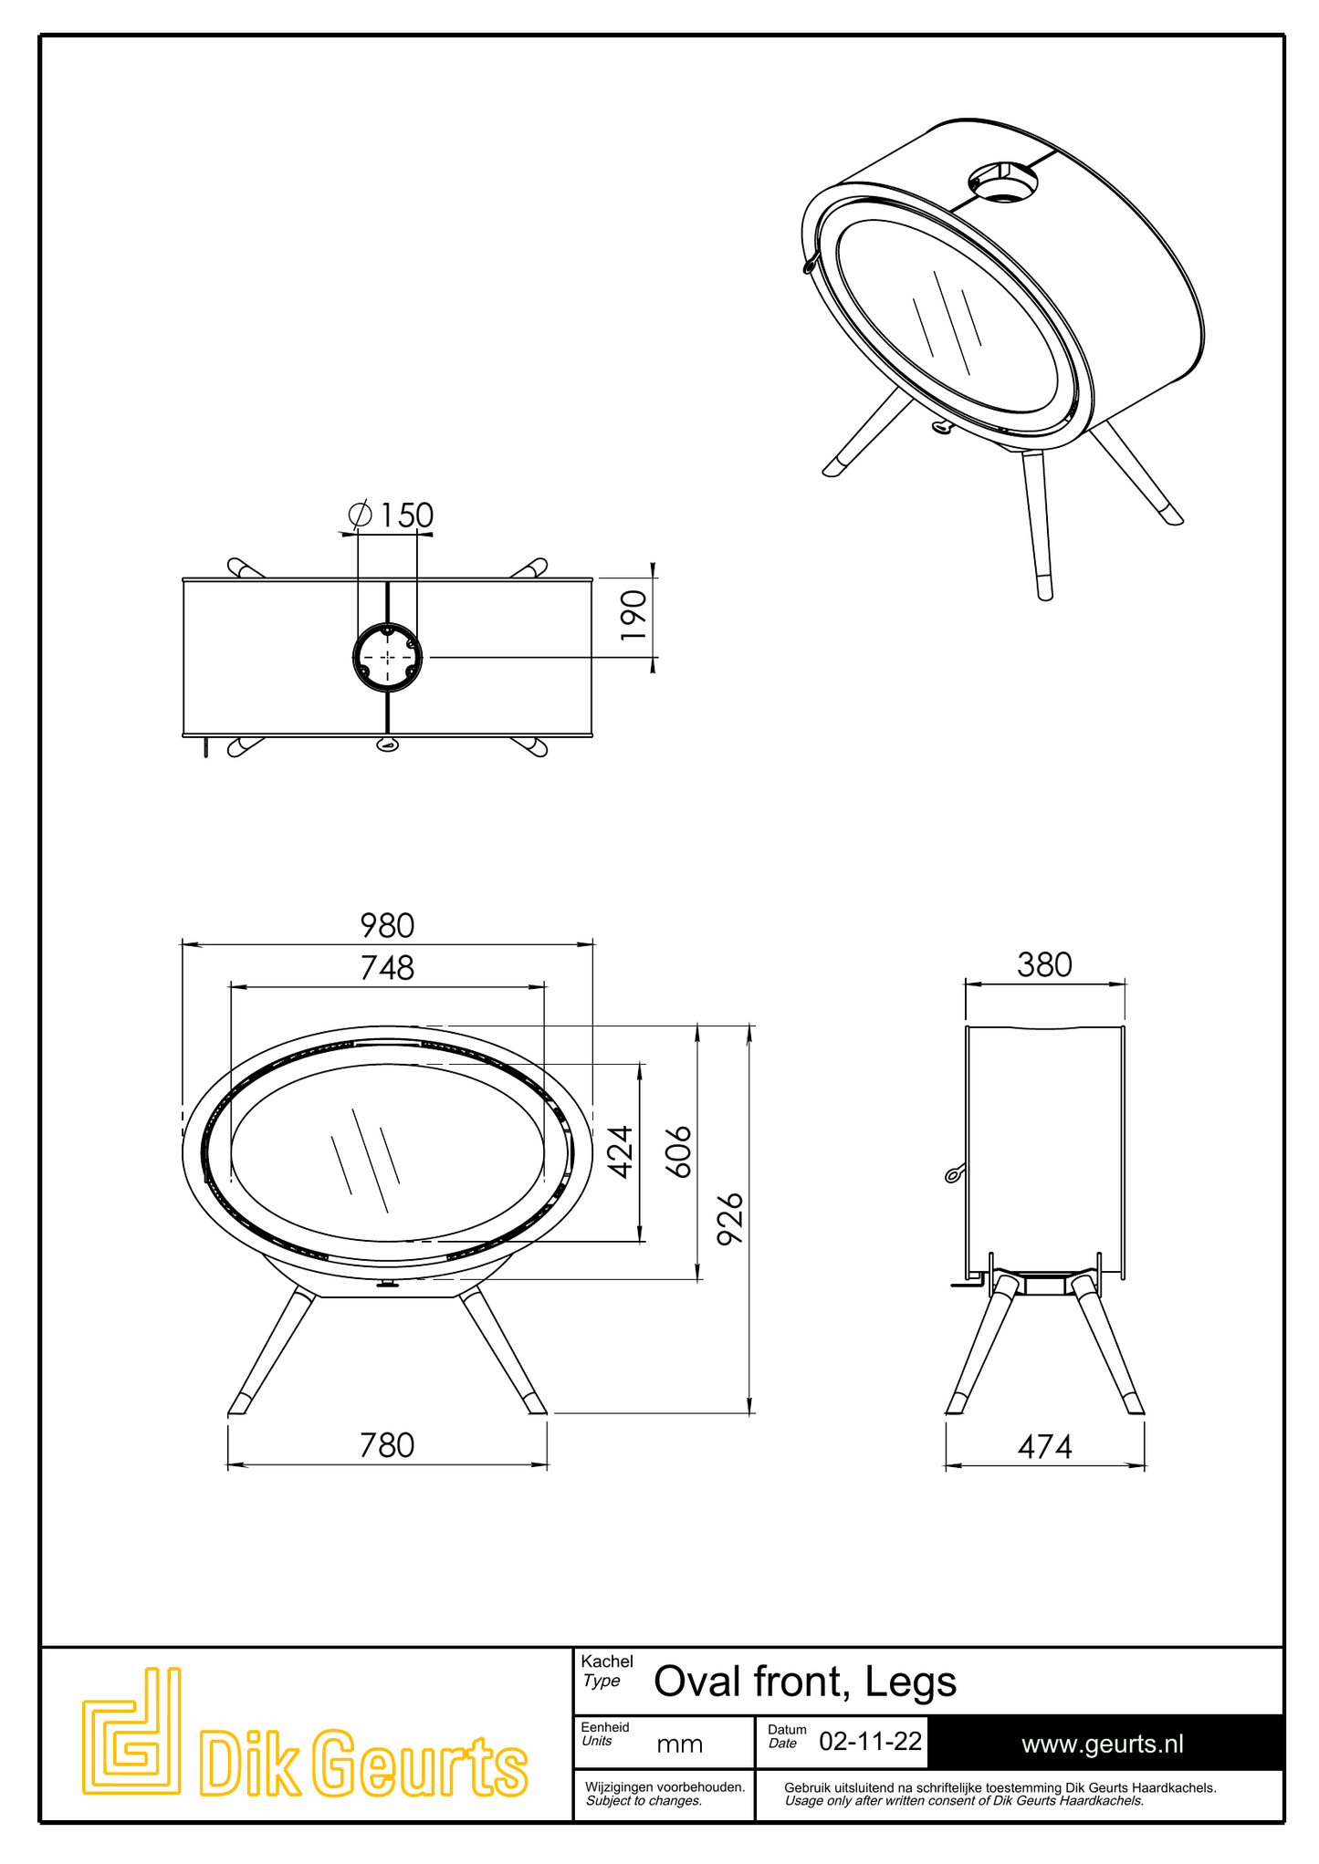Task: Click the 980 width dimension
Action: (x=387, y=925)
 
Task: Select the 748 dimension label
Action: (x=387, y=967)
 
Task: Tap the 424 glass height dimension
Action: (x=621, y=1152)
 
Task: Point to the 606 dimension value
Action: (x=678, y=1152)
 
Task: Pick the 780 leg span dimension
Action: (x=387, y=1445)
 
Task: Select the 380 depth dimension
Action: (x=1044, y=965)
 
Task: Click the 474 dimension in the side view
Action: (x=1044, y=1446)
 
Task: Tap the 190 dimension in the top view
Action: (x=633, y=615)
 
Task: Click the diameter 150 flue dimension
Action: (x=391, y=515)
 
